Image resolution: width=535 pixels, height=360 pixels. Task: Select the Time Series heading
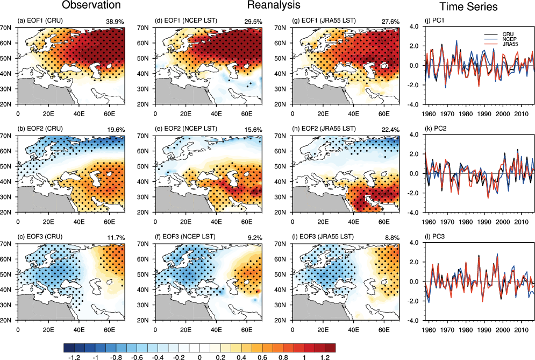[468, 7]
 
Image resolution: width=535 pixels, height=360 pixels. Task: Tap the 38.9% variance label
[115, 21]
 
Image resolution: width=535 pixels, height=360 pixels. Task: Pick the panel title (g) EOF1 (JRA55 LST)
[323, 21]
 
